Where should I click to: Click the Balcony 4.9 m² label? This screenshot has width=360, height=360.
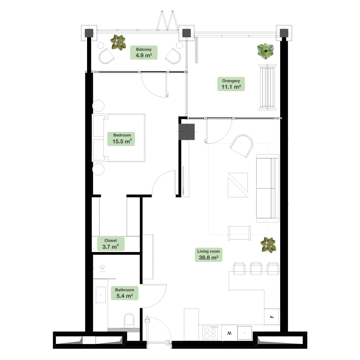[x=144, y=53]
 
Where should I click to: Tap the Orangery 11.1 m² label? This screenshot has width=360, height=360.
[x=231, y=84]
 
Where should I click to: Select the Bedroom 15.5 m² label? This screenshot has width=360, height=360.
[x=121, y=139]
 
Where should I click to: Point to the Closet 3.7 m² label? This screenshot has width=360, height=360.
[x=111, y=244]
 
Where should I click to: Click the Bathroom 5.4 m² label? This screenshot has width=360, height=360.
[x=124, y=293]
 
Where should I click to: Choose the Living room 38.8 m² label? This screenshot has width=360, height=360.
[x=208, y=255]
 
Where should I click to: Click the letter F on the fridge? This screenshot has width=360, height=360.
[x=272, y=317]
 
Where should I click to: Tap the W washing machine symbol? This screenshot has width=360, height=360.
[x=229, y=333]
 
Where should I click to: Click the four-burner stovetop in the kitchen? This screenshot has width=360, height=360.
[x=210, y=333]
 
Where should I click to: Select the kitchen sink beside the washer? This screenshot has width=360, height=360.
[x=245, y=333]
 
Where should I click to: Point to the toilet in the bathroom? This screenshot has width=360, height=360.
[x=129, y=321]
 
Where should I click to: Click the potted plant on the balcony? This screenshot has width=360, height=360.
[x=118, y=42]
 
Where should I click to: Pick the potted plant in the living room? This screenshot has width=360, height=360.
[x=268, y=245]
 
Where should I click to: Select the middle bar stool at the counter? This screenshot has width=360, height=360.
[x=256, y=269]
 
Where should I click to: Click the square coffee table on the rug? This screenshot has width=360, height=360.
[x=238, y=185]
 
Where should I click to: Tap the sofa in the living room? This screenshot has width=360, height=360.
[x=267, y=188]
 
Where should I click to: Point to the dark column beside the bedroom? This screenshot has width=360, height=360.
[x=187, y=132]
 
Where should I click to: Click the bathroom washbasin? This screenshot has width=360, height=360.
[x=101, y=295]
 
